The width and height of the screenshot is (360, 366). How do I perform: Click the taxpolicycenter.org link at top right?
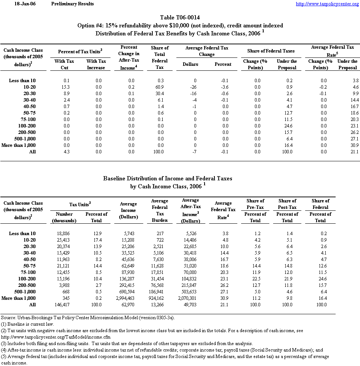tap(327, 4)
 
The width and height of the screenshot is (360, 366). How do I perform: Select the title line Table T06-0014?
tap(180, 18)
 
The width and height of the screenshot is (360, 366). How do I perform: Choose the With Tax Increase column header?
tap(96, 64)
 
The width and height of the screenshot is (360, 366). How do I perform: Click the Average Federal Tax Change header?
tap(206, 51)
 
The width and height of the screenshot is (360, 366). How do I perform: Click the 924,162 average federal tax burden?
tap(160, 298)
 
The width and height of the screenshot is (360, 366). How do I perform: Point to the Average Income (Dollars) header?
tap(128, 210)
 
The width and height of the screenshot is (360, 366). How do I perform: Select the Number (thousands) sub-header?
tap(65, 217)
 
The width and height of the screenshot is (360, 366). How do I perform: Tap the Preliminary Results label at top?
tap(72, 4)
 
